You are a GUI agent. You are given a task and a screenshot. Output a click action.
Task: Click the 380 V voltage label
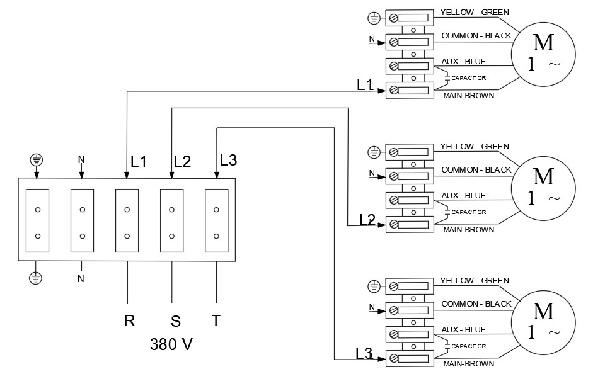(171, 344)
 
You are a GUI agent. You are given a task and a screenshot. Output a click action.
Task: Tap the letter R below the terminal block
(130, 320)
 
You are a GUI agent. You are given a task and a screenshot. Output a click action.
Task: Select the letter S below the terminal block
(176, 321)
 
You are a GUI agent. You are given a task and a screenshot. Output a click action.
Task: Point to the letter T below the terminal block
(216, 320)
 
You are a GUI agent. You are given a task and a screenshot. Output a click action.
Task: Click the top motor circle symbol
(543, 54)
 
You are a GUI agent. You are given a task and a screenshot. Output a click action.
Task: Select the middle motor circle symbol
(543, 188)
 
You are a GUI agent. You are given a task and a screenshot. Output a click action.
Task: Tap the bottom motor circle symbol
(543, 322)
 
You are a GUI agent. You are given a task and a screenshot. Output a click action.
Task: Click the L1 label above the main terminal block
(138, 161)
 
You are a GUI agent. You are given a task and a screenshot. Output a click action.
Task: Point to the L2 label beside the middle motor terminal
(367, 219)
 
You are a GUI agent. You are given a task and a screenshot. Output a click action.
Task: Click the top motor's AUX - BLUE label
(463, 61)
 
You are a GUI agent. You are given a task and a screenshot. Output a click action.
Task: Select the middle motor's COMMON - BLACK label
(476, 170)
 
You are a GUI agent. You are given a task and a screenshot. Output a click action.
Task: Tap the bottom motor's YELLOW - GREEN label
(474, 281)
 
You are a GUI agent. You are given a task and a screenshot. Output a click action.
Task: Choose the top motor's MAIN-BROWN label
(468, 96)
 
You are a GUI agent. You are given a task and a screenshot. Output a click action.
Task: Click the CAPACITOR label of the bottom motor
(470, 346)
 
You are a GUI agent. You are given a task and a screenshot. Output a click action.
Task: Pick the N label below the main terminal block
(81, 278)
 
